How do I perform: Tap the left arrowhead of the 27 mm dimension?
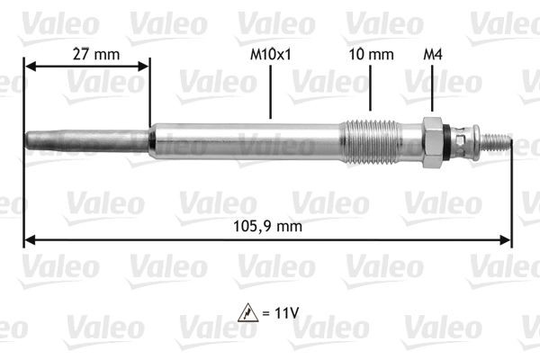pos(29,67)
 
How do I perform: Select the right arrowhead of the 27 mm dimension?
pos(144,67)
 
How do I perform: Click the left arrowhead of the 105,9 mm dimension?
pos(29,240)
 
